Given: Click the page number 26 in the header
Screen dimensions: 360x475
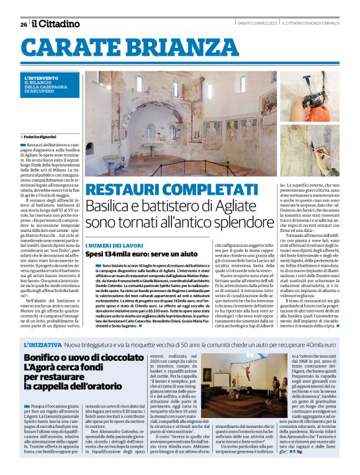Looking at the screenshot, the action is tap(24, 24).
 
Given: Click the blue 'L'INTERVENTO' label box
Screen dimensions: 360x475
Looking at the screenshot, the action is tap(47, 84).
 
